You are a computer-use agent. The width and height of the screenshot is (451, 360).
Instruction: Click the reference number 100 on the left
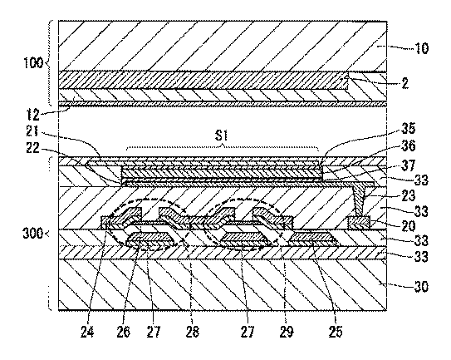[33, 62]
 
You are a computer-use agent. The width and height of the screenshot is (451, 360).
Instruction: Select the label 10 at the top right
[421, 48]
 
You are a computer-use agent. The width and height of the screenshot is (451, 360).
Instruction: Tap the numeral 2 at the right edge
[404, 83]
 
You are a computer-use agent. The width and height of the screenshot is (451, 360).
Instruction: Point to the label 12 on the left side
[32, 115]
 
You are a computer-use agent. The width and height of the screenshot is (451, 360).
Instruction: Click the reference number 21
[32, 131]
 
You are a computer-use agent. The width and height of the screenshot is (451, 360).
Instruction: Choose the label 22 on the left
[32, 148]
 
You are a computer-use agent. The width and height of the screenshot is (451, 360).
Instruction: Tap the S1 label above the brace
[222, 136]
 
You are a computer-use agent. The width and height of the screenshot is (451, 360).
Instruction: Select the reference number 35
[408, 128]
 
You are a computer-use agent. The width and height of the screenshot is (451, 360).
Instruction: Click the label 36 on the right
[409, 146]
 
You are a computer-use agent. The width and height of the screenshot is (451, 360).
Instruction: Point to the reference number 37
[409, 165]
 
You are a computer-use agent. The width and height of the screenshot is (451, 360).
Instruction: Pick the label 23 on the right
[409, 195]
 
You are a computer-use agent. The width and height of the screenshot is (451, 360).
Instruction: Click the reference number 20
[409, 226]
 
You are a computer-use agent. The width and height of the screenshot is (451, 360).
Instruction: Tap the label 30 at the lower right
[421, 287]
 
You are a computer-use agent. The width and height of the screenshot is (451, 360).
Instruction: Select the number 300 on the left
[33, 234]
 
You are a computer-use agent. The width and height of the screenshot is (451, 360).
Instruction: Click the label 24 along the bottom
[87, 332]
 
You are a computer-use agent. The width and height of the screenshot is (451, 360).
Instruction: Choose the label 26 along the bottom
[124, 332]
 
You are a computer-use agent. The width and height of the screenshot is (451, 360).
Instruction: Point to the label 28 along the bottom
[192, 332]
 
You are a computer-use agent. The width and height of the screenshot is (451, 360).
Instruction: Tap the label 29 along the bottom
[287, 332]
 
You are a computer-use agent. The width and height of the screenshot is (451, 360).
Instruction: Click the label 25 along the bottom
[336, 332]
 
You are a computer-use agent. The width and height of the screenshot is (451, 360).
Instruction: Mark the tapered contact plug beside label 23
[358, 201]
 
